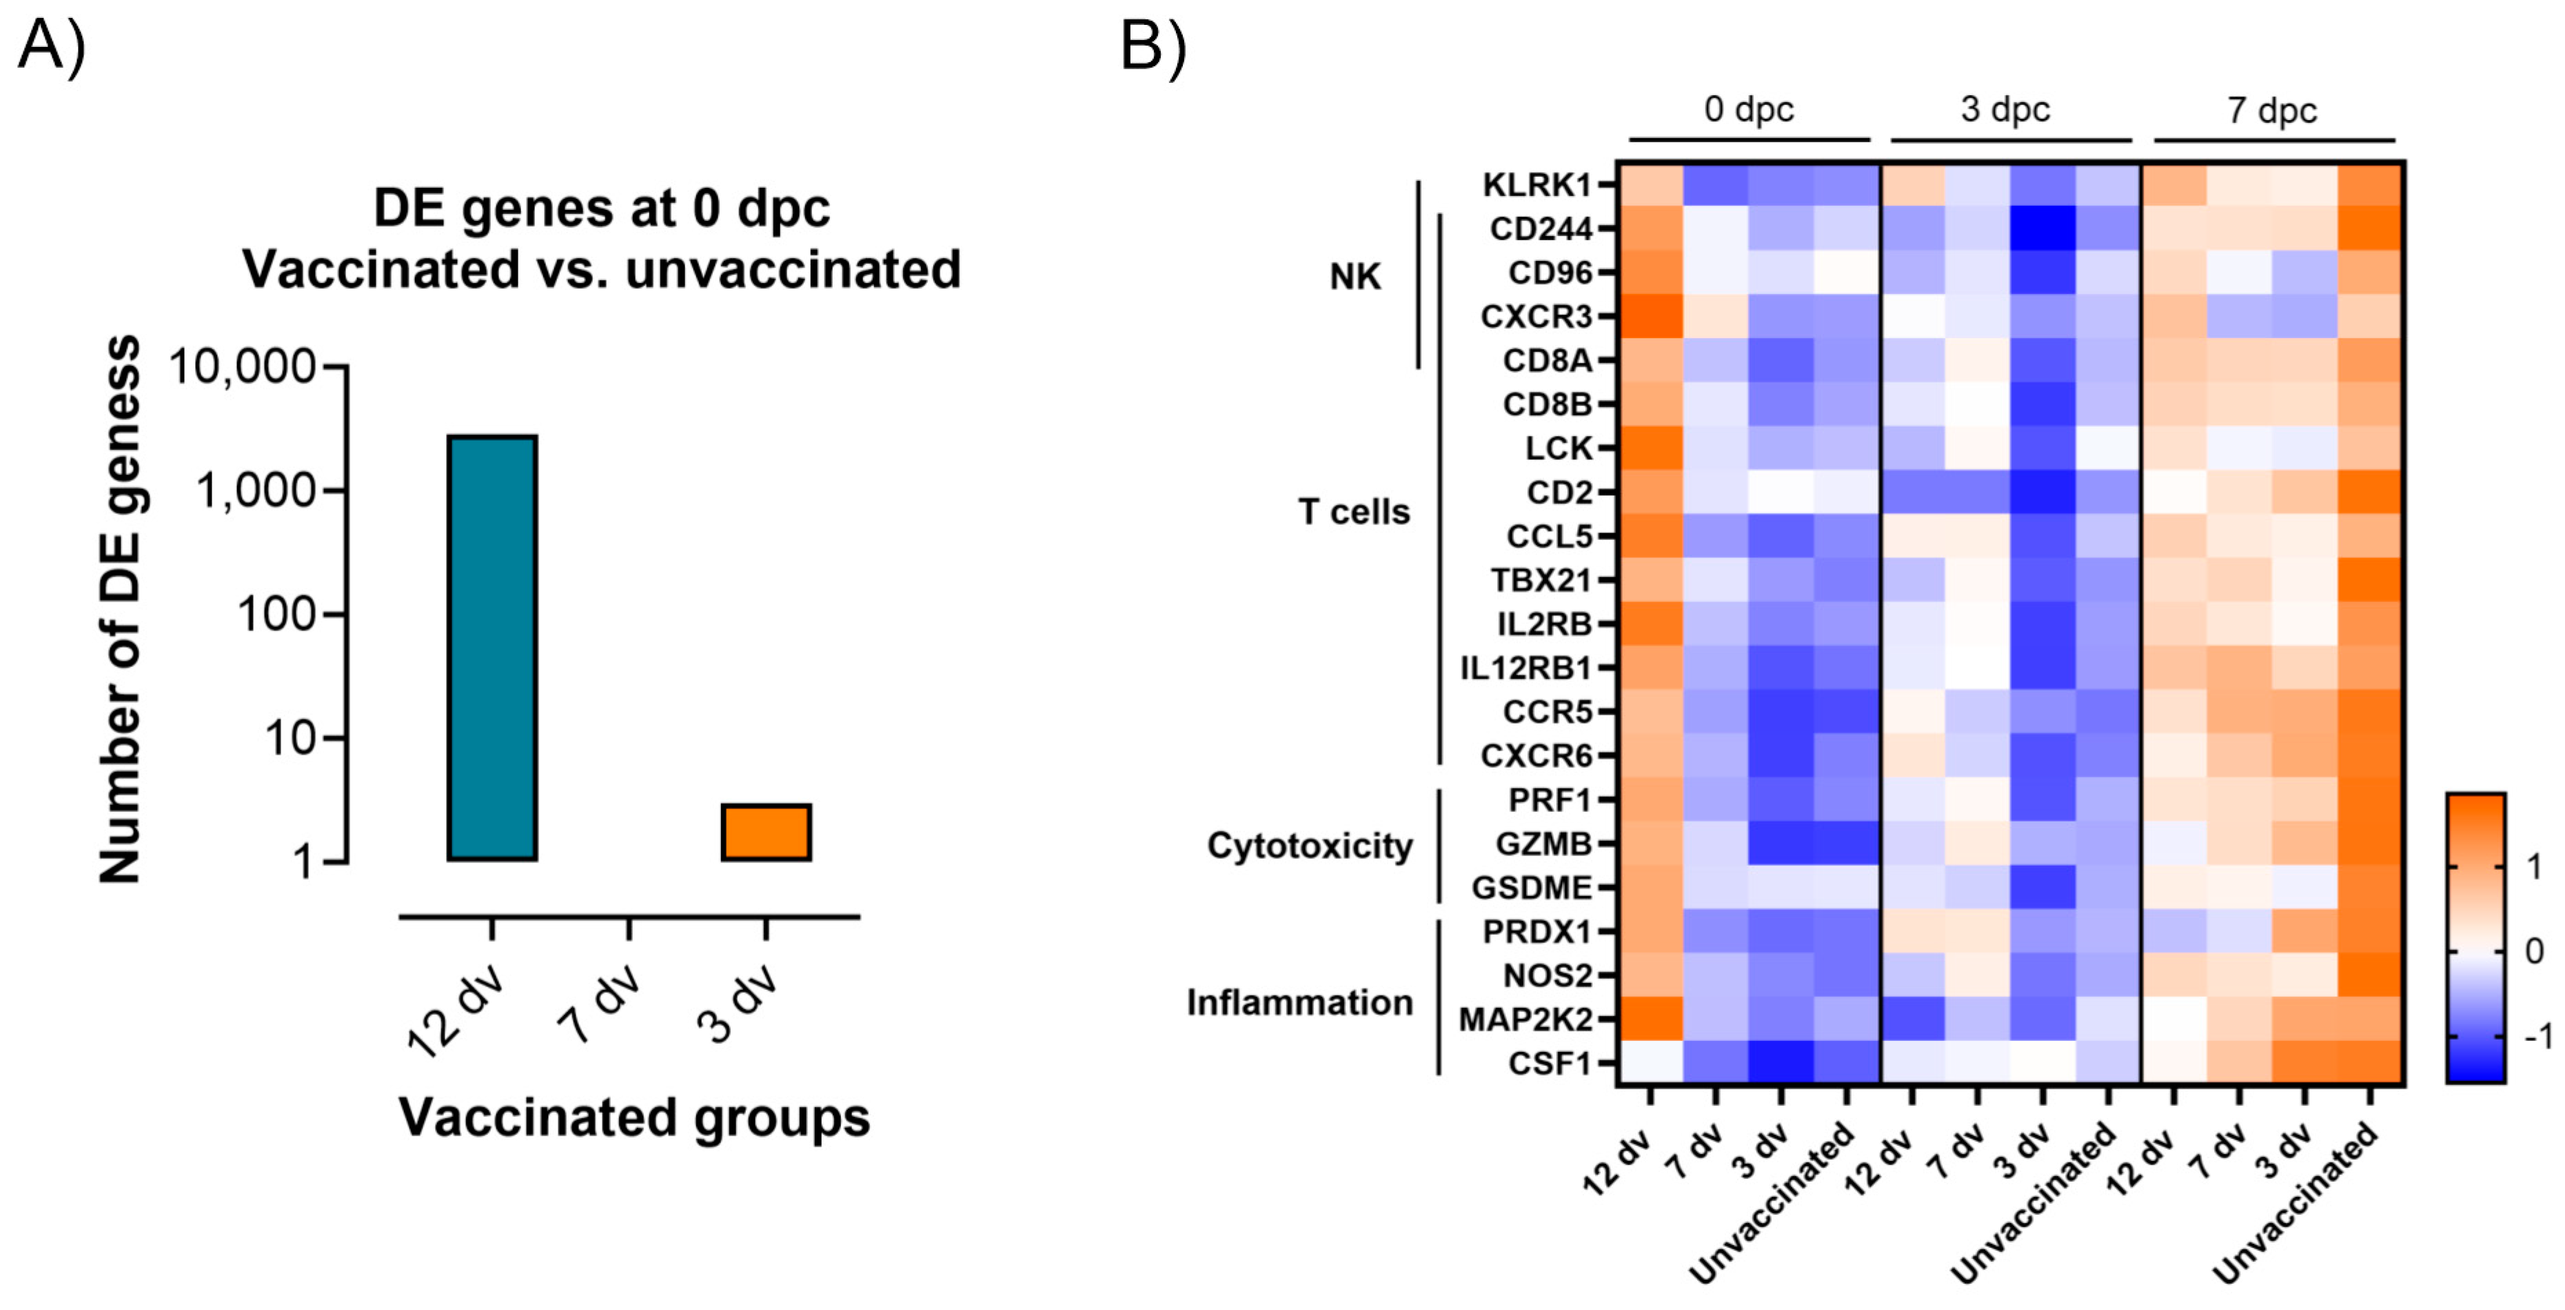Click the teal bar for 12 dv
point(492,648)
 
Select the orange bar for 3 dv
point(766,832)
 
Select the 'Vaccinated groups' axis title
point(634,1118)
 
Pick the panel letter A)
point(52,46)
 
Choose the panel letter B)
point(1153,46)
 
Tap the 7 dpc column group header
point(2272,110)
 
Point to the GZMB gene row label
point(1543,844)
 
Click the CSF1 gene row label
point(1550,1064)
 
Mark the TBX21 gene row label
point(1541,579)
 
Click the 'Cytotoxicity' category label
point(1310,846)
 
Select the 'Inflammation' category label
point(1299,1002)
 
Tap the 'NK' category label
point(1355,276)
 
